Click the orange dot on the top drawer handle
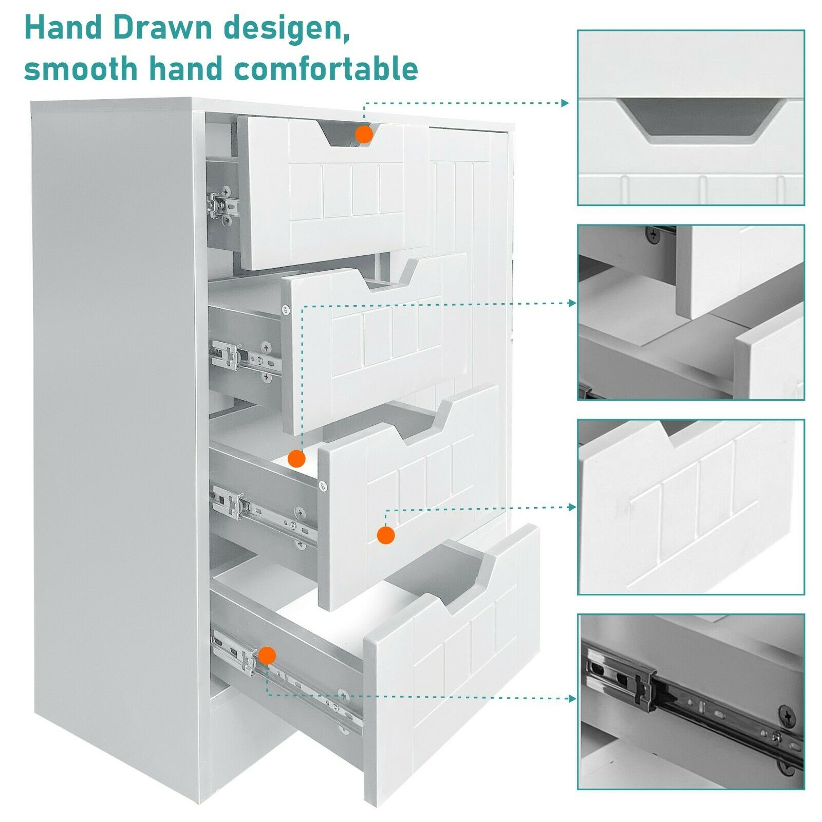[364, 135]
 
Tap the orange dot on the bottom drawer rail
[267, 656]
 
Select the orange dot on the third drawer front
[386, 535]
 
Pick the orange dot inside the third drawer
[296, 458]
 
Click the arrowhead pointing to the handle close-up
[565, 103]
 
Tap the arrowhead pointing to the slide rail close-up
[572, 699]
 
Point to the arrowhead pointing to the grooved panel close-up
[572, 507]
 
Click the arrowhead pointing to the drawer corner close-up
[572, 303]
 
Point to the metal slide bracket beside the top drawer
[223, 205]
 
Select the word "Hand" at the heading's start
[62, 28]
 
